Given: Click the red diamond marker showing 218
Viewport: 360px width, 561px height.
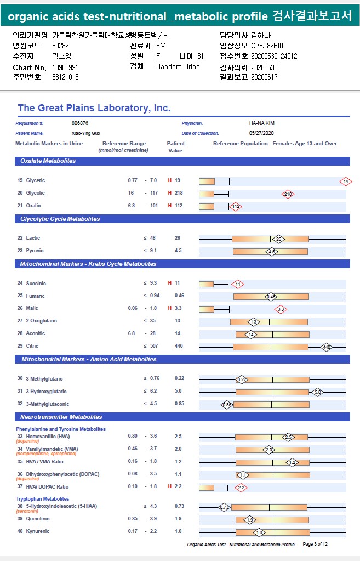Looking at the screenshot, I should pos(288,194).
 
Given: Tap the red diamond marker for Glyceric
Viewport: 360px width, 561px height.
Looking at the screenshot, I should pos(345,181).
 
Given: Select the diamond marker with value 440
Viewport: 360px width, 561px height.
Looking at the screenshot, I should pos(327,347).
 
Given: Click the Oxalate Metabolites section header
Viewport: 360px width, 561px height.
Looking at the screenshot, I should pos(48,161).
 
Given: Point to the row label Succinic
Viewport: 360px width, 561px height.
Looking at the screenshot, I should pos(36,284).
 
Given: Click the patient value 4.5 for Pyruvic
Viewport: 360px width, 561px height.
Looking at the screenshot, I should pos(178,251).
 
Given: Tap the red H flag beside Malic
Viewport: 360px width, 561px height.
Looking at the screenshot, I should pos(170,308).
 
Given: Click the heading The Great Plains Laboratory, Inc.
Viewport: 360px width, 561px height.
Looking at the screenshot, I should pos(94,108).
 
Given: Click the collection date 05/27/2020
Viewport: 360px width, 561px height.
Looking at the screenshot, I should pos(261,133).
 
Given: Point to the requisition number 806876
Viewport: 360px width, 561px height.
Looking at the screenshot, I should pos(80,123).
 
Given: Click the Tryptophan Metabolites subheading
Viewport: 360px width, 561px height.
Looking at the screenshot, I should pos(42,498).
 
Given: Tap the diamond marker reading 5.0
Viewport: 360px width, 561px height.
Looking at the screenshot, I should pos(317,392).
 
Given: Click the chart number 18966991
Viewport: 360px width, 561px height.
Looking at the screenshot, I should pos(65,67).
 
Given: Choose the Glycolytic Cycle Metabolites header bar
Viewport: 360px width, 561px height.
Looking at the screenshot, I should pos(60,219).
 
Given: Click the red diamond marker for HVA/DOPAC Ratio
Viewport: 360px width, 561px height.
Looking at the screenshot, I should pos(241,487).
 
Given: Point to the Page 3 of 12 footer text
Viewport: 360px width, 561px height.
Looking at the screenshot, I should pos(315,545).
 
